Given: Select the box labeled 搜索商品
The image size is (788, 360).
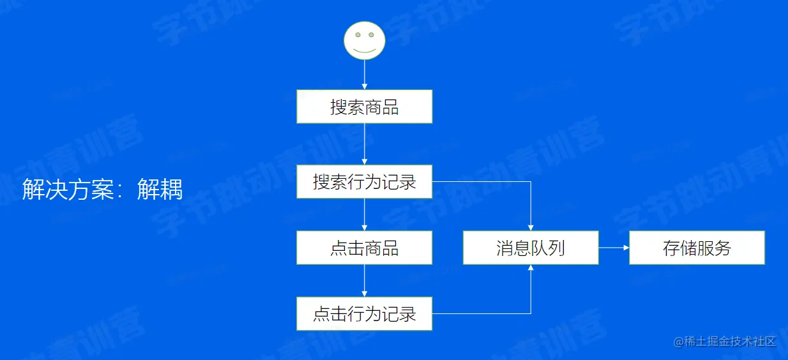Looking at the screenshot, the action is coord(365,107).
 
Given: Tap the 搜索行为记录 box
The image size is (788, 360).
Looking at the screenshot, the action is coord(365,181).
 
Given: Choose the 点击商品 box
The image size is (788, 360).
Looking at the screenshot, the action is coord(365,248).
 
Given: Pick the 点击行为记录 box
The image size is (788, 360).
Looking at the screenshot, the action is coord(365,313).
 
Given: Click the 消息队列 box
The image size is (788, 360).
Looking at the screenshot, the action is coord(531,248).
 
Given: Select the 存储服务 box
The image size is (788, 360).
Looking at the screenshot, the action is coord(697,248).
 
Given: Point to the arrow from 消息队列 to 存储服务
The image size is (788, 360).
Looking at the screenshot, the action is coord(614,248).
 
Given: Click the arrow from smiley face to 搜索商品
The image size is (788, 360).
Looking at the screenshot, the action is coord(365,75).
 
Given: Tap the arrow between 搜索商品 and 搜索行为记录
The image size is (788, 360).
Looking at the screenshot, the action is coord(365,144).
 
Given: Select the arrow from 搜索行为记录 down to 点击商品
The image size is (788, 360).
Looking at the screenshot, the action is coord(365,214).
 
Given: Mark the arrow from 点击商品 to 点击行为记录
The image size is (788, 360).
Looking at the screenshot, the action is coord(365,281).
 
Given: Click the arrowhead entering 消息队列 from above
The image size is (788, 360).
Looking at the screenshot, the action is coord(531,227).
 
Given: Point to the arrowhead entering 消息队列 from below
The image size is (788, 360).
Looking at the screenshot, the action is coord(531,268).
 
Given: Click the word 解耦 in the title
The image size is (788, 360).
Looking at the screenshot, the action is coord(160,190).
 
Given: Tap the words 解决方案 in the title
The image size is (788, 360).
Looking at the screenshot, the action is coord(68,190).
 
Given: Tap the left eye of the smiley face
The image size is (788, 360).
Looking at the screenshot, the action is coord(358,34).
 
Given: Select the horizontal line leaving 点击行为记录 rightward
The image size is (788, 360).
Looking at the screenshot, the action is coord(481,313).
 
